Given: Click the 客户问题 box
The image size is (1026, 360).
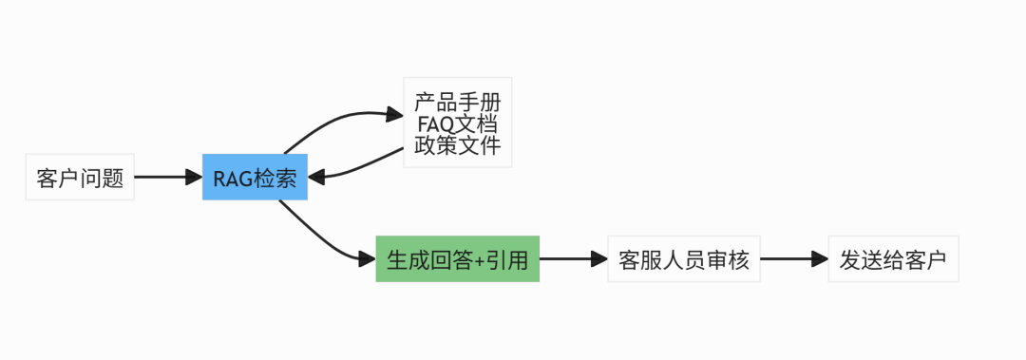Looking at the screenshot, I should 80,178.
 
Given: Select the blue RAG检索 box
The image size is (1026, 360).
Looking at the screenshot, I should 255,178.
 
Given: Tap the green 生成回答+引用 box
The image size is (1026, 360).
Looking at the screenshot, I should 457,259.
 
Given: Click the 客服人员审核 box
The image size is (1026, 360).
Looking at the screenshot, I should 683,259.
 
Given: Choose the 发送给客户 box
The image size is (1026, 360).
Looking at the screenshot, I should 893,259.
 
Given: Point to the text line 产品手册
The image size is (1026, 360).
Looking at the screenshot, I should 457,101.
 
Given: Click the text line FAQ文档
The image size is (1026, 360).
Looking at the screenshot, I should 457,123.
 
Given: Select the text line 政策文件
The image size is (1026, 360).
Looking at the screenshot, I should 457,146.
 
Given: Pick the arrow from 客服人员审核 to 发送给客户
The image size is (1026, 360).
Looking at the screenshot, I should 792,259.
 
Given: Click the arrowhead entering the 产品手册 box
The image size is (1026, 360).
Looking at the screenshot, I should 394,115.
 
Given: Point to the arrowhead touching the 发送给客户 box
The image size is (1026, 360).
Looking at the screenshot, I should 820,259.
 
